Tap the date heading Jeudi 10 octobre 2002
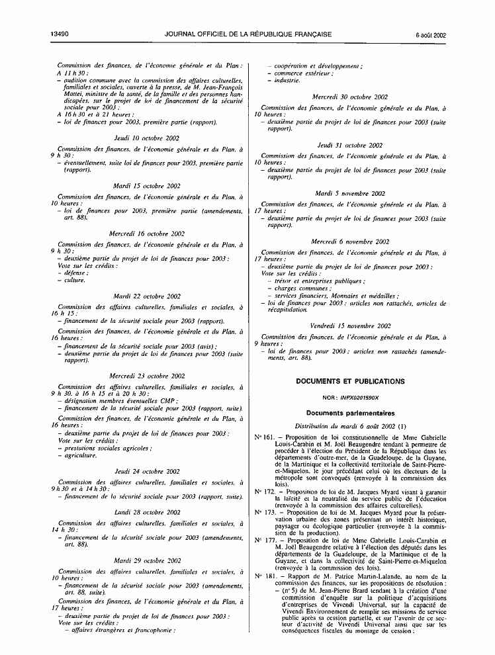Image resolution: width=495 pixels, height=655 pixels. (146, 138)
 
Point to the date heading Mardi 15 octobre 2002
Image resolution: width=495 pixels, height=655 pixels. (146, 186)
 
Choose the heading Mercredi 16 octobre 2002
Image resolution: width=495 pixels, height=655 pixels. (146, 234)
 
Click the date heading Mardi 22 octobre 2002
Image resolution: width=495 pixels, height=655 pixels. (146, 296)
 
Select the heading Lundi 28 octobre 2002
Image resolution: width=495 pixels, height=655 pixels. (146, 512)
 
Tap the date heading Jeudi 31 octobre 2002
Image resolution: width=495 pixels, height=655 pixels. (350, 144)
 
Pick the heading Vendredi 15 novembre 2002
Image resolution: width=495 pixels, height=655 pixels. (350, 326)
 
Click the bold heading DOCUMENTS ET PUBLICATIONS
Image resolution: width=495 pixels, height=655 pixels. (350, 382)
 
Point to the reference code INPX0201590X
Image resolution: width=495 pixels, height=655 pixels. (363, 398)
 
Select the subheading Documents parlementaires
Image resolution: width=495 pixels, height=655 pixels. (350, 412)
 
